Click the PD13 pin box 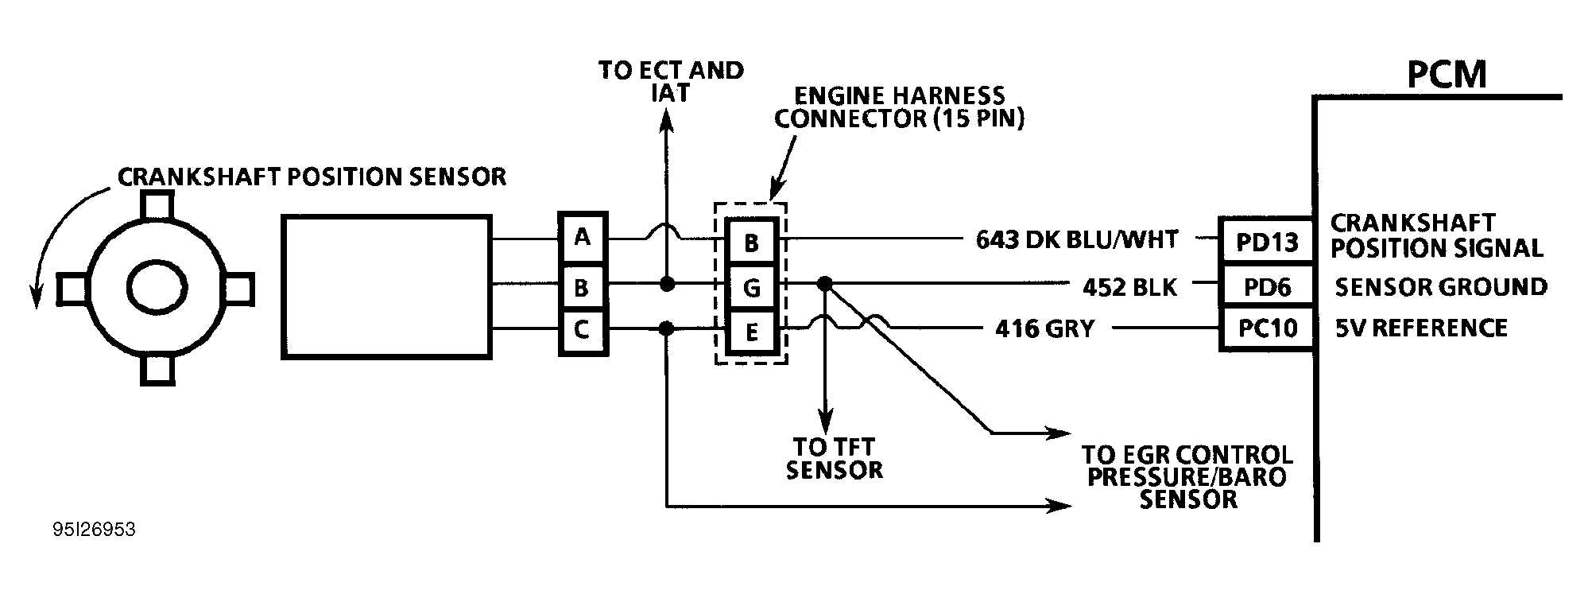coord(1266,241)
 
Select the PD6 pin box coord(1266,286)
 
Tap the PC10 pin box coord(1266,328)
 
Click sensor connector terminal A coord(583,237)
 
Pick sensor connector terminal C coord(583,329)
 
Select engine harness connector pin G coord(751,286)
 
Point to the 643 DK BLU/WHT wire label coord(1076,239)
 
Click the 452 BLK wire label coord(1129,286)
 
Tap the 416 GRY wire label coord(1044,328)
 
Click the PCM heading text coord(1446,76)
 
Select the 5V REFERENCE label coord(1420,328)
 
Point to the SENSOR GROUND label coord(1440,286)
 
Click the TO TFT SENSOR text coord(834,458)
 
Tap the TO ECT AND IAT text coord(671,81)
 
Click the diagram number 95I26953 coord(95,530)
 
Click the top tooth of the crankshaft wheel coord(157,207)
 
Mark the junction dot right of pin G coord(825,282)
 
